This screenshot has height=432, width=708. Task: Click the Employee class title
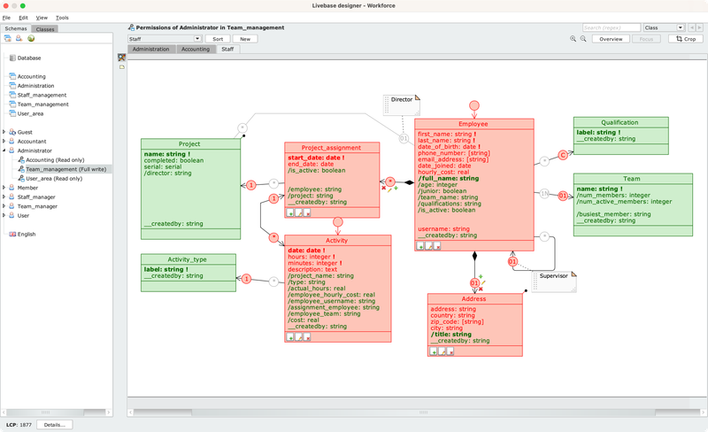coord(474,125)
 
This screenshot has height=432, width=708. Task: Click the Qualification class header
coord(619,123)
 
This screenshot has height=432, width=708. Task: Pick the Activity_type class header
coord(189,259)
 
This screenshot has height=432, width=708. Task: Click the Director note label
coord(401,100)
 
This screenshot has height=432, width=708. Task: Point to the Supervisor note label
coord(554,276)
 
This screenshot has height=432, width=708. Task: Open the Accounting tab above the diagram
coord(195,50)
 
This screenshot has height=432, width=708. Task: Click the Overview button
coord(611,39)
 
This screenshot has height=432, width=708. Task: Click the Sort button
coord(217,39)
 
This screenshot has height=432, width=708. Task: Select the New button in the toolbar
coord(244,39)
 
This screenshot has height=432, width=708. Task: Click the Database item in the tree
coord(29,58)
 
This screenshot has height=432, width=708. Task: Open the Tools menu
coord(62,18)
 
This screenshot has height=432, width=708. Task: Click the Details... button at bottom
coord(54,425)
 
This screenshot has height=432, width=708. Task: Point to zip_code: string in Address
coord(454,321)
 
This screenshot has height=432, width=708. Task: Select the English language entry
coord(27,234)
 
